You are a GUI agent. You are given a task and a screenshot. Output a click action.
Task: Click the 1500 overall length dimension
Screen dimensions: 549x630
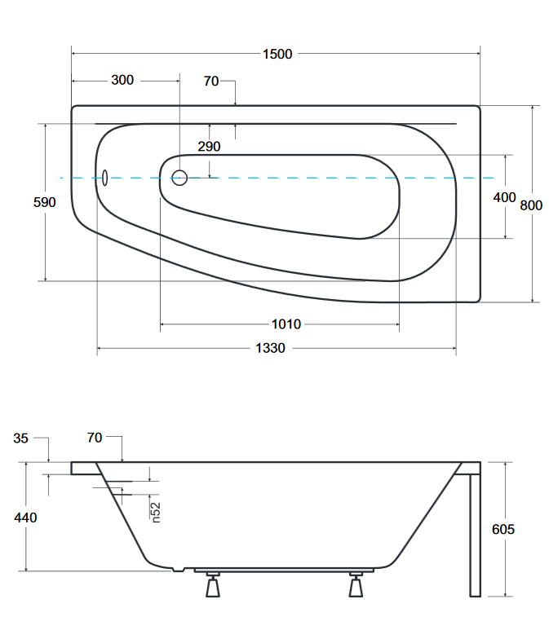point(277,54)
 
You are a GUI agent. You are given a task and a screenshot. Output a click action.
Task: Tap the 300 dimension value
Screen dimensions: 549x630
point(122,80)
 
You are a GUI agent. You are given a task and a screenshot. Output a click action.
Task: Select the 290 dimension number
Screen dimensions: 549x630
point(209,146)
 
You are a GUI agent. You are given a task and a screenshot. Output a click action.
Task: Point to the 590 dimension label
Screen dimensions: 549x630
point(44,202)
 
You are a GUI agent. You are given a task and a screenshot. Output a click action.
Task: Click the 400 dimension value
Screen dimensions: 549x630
point(504,197)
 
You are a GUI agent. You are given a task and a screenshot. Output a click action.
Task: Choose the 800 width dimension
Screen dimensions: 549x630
point(531,205)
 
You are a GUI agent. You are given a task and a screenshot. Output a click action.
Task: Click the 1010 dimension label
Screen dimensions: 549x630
point(286,324)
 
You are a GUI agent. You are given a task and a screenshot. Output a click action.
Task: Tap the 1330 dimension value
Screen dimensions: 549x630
point(270,347)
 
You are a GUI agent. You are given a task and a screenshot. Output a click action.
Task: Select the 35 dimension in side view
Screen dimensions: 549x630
point(20,438)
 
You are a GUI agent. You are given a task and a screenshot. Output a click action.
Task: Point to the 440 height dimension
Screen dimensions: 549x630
point(25,518)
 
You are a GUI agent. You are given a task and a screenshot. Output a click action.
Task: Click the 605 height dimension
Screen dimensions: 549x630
point(503,529)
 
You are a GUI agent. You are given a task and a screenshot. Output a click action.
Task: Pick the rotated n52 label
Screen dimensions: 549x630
point(156,513)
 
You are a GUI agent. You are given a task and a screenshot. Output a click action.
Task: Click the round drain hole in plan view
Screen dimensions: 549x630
point(179,178)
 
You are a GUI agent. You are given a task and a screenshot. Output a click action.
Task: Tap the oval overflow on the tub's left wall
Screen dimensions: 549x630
point(104,178)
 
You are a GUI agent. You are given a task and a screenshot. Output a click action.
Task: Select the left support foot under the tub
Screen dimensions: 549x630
point(213,585)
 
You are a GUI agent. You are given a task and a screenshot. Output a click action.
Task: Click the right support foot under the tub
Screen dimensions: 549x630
point(356,585)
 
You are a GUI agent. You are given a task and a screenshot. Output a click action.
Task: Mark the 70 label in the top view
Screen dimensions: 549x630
point(210,82)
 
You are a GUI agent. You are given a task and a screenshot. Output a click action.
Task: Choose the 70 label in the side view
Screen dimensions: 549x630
point(95,438)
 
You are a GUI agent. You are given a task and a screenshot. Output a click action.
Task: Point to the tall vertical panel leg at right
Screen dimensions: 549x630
point(475,535)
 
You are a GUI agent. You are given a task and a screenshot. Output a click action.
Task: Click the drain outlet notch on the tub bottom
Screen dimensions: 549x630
point(178,570)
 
